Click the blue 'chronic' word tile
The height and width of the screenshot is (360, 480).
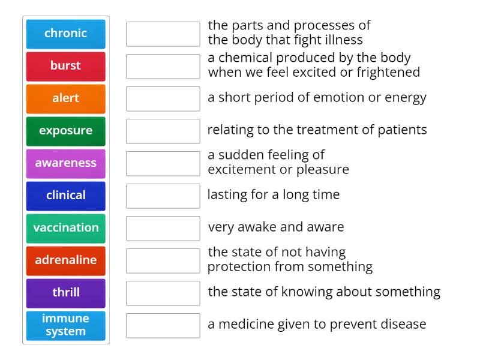point(66,34)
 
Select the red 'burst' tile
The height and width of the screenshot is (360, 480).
point(66,67)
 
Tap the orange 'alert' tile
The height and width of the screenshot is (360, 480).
point(66,99)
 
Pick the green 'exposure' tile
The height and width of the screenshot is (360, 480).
point(66,131)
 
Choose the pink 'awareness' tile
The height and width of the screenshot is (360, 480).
point(66,164)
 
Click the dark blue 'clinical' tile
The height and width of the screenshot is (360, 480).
point(66,196)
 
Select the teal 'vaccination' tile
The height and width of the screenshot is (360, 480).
point(66,229)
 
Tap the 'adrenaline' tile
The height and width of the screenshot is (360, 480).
point(66,261)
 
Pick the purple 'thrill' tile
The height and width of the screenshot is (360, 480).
point(66,293)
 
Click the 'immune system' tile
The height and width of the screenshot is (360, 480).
point(66,326)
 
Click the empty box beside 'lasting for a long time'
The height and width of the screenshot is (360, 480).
point(163,196)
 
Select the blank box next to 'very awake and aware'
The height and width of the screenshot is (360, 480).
point(163,229)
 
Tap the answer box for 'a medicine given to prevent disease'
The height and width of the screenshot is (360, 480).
point(163,326)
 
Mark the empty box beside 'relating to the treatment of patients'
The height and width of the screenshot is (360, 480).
point(163,131)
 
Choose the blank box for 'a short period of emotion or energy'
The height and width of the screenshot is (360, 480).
point(163,99)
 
